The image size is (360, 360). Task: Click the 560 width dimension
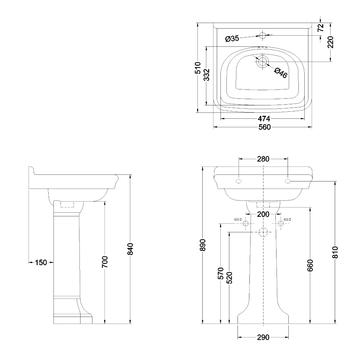(x=265, y=127)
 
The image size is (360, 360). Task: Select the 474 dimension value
(x=264, y=118)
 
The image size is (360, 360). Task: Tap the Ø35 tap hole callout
(x=232, y=39)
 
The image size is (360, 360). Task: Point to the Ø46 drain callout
(x=281, y=73)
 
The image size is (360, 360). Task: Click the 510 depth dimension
(x=198, y=68)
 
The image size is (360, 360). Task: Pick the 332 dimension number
(x=207, y=75)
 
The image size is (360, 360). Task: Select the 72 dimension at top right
(x=321, y=27)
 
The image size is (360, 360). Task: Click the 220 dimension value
(x=330, y=42)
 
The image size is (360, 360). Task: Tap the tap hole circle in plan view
(x=262, y=35)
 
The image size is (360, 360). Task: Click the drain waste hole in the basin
(x=262, y=62)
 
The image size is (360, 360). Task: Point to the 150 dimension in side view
(x=41, y=262)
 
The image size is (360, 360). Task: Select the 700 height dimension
(x=105, y=262)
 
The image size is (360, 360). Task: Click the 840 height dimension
(x=130, y=249)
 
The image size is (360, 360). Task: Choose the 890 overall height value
(x=202, y=245)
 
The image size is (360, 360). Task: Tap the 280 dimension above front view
(x=263, y=159)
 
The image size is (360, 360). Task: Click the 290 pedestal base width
(x=263, y=337)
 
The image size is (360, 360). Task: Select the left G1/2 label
(x=238, y=219)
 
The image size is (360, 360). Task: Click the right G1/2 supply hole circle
(x=281, y=223)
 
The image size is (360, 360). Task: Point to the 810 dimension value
(x=335, y=252)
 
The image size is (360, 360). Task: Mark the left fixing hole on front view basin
(x=239, y=181)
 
